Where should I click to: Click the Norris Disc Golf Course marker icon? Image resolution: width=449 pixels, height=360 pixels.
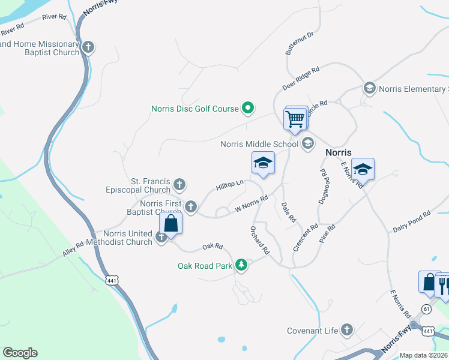point(248,109)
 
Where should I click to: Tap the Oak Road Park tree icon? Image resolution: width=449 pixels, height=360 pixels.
point(241,265)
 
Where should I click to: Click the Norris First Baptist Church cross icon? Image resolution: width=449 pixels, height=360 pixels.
point(191,207)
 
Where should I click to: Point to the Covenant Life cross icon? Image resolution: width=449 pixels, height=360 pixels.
point(346,329)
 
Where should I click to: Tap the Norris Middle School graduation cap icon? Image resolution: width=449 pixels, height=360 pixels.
point(308,143)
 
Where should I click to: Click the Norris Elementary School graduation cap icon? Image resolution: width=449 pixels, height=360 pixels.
point(369,89)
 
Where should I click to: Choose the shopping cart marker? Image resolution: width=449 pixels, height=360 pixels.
point(295,118)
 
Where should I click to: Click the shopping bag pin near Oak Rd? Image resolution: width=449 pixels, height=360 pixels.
point(171,225)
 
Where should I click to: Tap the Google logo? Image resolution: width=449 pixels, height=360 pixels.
point(20,353)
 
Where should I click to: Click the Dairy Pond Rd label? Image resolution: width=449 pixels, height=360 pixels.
point(412,221)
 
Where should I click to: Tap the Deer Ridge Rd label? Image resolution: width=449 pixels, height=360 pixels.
point(300,78)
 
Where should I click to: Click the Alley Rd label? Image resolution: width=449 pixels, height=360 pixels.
point(74,250)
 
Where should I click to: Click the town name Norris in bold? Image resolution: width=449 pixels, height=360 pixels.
point(338,152)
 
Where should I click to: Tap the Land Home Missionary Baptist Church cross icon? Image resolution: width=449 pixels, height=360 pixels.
point(88,47)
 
